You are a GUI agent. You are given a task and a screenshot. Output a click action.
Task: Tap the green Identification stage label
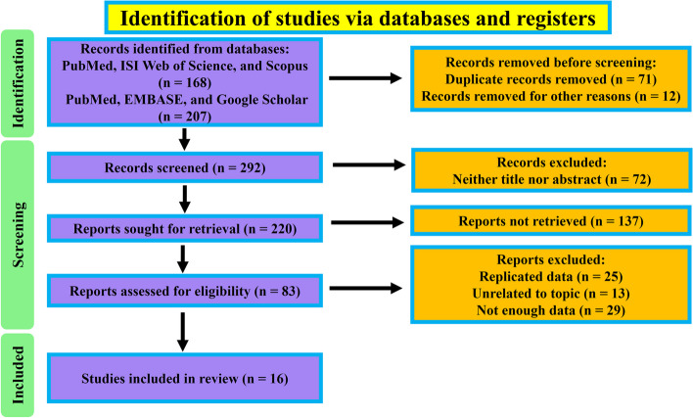click(20, 95)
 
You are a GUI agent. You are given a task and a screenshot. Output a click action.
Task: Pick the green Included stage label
click(20, 374)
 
